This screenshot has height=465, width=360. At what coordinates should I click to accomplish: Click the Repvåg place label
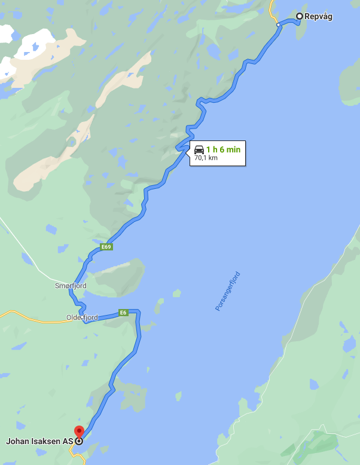click(318, 17)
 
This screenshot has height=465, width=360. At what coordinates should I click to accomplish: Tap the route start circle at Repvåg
click(300, 17)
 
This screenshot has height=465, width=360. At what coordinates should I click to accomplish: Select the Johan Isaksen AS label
click(39, 442)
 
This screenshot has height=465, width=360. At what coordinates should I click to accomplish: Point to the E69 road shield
click(106, 247)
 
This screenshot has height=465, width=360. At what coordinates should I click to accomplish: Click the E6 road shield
click(123, 312)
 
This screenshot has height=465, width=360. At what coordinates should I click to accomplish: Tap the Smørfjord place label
click(71, 286)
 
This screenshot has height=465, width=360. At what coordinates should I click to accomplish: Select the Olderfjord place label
click(82, 317)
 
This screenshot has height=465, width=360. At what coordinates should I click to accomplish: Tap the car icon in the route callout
click(199, 149)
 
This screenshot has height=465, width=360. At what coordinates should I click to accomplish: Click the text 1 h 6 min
click(223, 149)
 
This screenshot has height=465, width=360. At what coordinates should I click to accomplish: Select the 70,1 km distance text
click(205, 158)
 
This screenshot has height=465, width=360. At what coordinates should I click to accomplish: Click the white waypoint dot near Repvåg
click(278, 25)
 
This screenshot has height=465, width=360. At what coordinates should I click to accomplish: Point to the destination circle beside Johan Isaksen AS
click(78, 442)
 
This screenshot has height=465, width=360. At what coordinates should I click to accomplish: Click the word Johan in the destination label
click(17, 442)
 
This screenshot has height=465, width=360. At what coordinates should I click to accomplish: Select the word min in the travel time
click(233, 149)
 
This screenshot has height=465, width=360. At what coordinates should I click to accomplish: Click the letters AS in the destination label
click(68, 442)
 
